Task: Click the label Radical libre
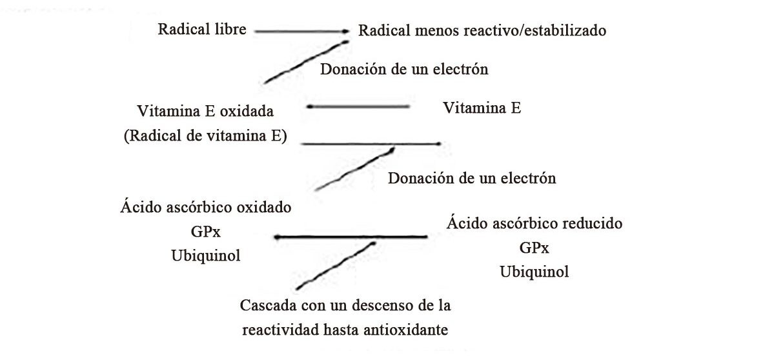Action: point(202,29)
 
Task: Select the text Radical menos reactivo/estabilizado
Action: point(482,31)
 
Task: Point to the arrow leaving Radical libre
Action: point(301,32)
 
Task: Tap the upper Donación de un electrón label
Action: point(404,69)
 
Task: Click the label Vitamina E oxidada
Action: point(205,111)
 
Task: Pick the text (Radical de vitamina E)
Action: point(205,136)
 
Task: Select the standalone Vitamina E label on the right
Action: point(482,108)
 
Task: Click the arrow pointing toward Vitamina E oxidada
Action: point(358,106)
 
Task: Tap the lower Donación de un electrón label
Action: point(471,178)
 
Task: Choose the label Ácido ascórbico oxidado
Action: point(205,207)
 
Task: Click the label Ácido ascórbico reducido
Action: point(534,223)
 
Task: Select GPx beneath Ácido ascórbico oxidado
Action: point(206,232)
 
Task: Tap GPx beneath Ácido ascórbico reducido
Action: point(534,248)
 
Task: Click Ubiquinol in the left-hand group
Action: point(206,255)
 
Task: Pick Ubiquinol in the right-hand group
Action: point(534,272)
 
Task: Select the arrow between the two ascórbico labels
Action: point(351,237)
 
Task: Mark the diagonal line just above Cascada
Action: point(336,265)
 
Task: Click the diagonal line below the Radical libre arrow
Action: point(306,62)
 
